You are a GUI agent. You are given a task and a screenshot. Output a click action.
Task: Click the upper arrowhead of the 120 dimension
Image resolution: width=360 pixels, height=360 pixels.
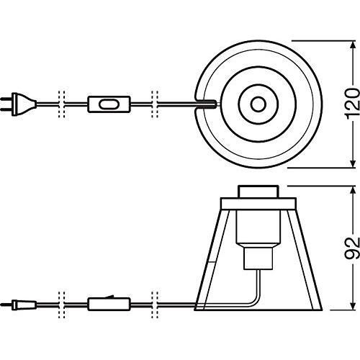351,44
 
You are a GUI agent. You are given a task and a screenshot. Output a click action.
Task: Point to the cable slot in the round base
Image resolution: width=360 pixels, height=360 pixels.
206,104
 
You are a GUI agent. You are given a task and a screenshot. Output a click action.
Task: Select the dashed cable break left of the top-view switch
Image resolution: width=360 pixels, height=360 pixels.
62,104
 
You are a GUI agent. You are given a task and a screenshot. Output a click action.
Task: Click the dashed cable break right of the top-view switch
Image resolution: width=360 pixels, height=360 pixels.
154,104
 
